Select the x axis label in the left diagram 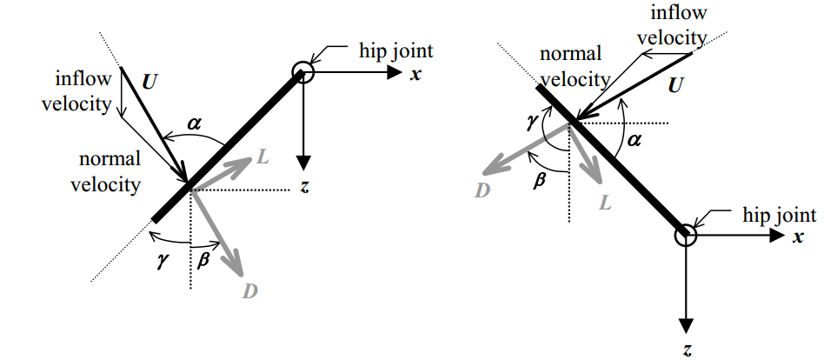(415, 74)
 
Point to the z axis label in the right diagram (687, 350)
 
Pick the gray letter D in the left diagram (250, 290)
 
